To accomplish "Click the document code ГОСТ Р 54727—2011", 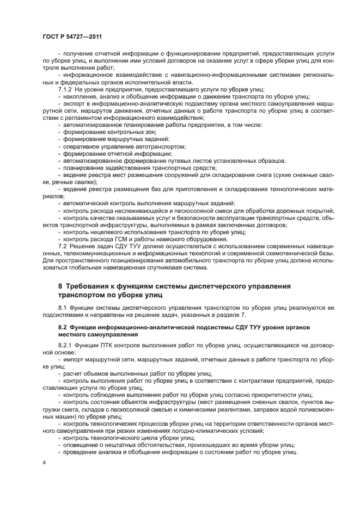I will tap(72, 37).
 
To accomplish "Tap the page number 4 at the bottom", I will tap(45, 463).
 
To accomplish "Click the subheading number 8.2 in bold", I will tap(63, 327).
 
